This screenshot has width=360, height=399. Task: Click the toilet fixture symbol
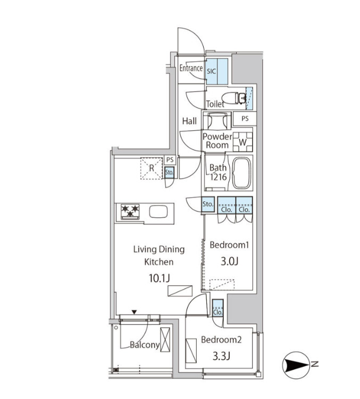click(x=233, y=98)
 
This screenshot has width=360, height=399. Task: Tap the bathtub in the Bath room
click(x=242, y=173)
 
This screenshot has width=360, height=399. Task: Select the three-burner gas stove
click(x=130, y=211)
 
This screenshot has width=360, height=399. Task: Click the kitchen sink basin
click(x=158, y=211)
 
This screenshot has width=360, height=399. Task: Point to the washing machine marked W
click(x=242, y=142)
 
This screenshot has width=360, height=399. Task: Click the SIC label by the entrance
click(x=211, y=72)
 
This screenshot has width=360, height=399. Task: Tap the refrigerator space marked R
click(x=152, y=168)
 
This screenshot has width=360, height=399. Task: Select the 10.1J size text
click(x=159, y=278)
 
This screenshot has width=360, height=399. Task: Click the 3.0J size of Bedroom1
click(x=229, y=261)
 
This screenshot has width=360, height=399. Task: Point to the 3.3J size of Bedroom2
click(x=221, y=356)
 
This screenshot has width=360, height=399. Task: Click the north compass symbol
click(x=296, y=365)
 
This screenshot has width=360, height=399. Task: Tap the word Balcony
click(x=145, y=345)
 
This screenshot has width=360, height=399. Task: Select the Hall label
click(x=189, y=121)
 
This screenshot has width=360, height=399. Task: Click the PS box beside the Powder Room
click(x=245, y=118)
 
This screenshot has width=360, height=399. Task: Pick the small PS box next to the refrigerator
click(x=170, y=160)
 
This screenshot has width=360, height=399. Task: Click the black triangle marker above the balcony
click(x=134, y=312)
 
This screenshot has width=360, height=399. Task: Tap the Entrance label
click(x=191, y=68)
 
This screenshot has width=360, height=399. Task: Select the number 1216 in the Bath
click(x=219, y=177)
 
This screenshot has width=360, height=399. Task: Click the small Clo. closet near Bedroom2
click(x=217, y=308)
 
